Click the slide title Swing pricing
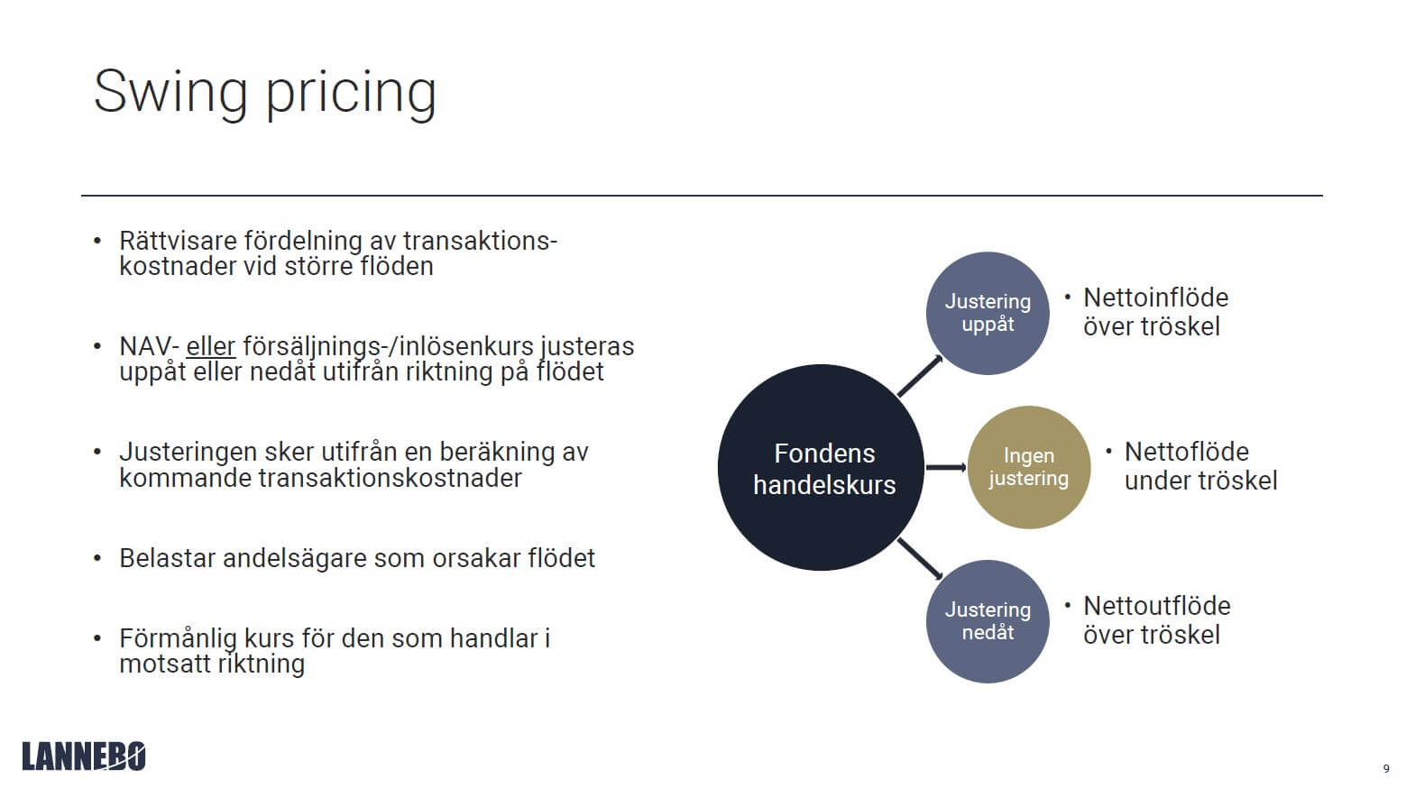click(x=264, y=92)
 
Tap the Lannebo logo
click(x=84, y=756)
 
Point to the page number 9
click(x=1386, y=769)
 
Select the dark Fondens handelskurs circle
click(x=821, y=468)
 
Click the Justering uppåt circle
click(x=988, y=313)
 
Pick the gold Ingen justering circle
click(x=1028, y=467)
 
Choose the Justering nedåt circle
click(x=988, y=621)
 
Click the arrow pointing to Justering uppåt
click(x=921, y=375)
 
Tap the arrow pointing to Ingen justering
click(x=945, y=467)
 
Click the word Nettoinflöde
click(x=1155, y=298)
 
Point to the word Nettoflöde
click(x=1186, y=452)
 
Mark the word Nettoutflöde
click(x=1156, y=606)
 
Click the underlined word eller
click(x=210, y=346)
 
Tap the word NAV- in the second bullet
click(x=150, y=346)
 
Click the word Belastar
click(x=167, y=558)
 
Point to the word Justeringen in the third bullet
click(x=187, y=452)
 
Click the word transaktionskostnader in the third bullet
click(x=390, y=478)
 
